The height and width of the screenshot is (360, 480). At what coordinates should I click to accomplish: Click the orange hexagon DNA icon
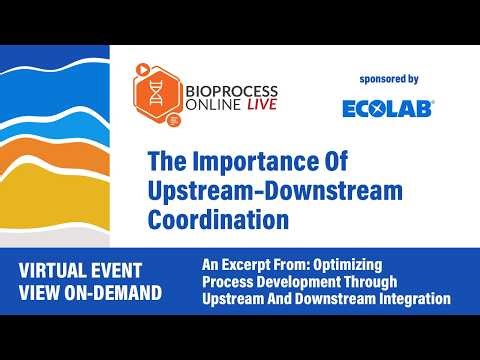[x=157, y=94]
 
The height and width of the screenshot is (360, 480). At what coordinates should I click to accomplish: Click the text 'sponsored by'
[x=388, y=79]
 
